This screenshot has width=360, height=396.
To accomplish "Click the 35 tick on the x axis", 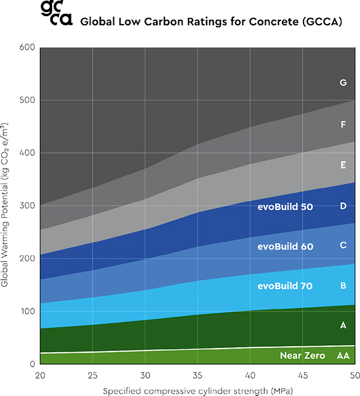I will click(197, 375).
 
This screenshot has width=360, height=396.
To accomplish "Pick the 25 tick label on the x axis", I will click(92, 375).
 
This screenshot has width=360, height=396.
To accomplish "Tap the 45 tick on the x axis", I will click(302, 375).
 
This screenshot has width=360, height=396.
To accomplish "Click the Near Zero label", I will click(302, 356).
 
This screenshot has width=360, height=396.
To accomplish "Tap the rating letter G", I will click(343, 83).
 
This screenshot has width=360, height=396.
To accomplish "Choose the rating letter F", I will click(343, 125).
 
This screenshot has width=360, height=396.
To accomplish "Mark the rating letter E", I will click(343, 164).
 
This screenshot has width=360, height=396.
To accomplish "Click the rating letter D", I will click(343, 206).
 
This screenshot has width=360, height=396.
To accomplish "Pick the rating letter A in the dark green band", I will click(343, 325).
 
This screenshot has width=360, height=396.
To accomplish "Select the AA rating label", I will click(343, 356).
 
